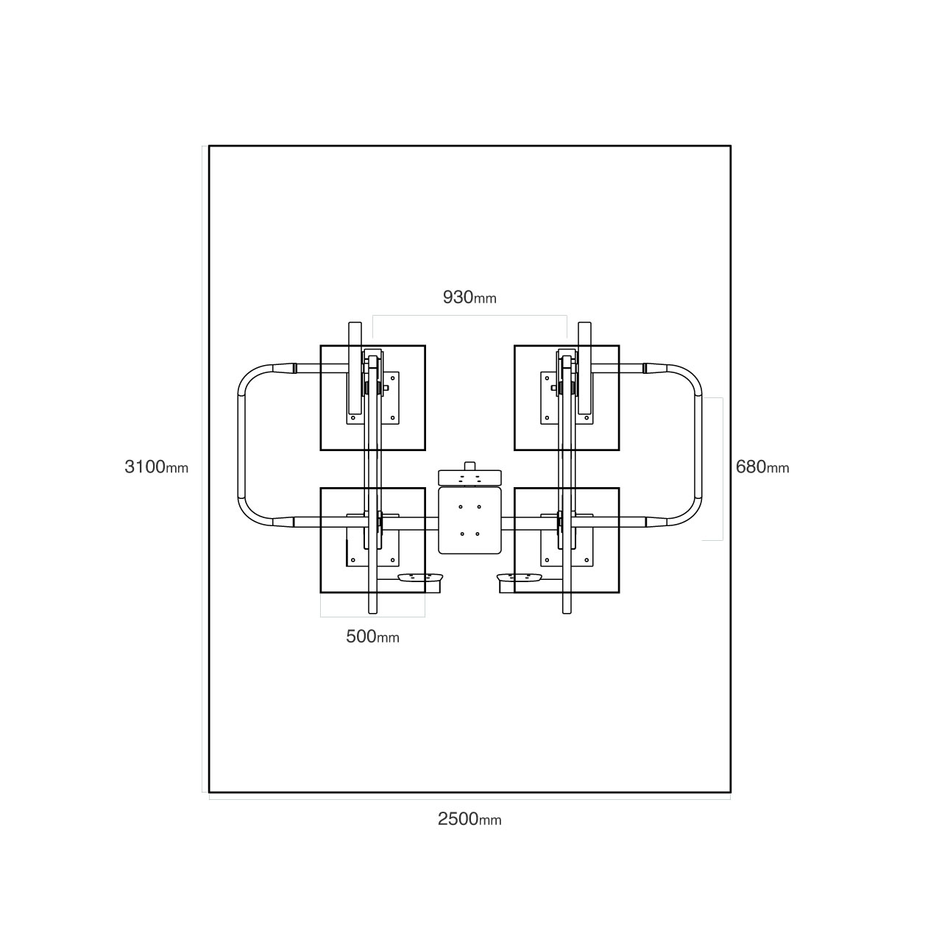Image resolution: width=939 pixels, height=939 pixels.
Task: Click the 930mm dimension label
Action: point(469,297)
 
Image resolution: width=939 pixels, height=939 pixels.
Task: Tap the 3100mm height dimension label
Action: point(156,467)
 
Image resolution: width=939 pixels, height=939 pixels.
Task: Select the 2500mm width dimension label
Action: point(469,819)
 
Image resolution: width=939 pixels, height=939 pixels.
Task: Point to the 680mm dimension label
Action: point(762,467)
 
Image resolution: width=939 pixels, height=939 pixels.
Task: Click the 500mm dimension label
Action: point(372,637)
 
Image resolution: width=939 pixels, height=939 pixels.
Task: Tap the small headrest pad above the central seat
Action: point(469,477)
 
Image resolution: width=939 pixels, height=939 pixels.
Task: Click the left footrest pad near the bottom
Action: point(420,578)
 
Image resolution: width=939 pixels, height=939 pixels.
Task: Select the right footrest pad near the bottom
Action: point(520,578)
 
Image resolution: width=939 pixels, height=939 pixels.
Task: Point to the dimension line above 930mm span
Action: point(469,316)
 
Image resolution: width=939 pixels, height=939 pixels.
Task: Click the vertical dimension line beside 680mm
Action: point(723,469)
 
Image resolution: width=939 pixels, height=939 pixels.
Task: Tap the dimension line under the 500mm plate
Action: point(372,615)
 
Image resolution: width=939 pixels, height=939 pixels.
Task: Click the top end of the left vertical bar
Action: point(355,327)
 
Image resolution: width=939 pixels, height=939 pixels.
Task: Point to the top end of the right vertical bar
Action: point(585,327)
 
